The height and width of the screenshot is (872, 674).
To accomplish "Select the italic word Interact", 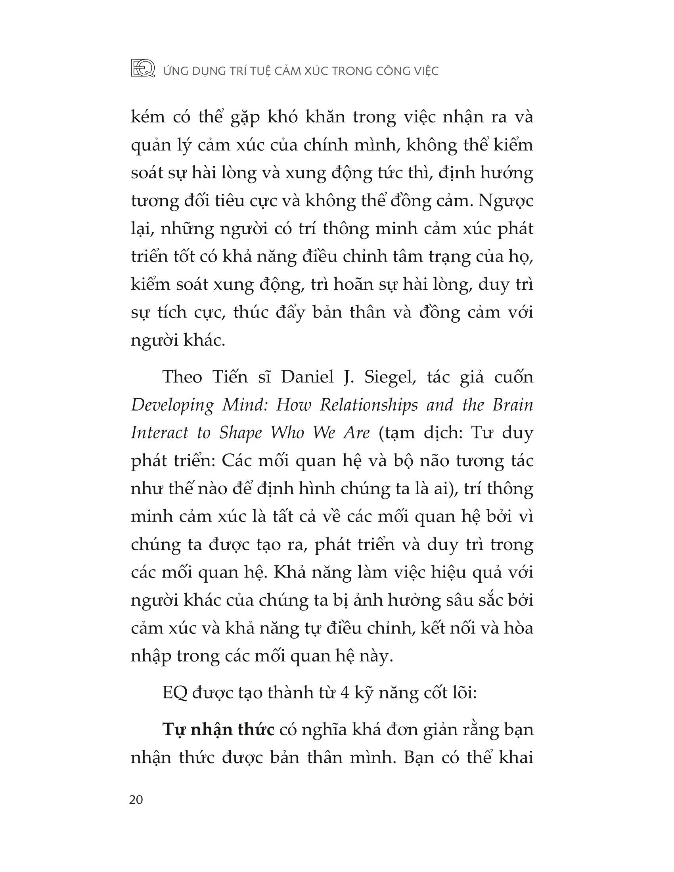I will [x=159, y=433].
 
